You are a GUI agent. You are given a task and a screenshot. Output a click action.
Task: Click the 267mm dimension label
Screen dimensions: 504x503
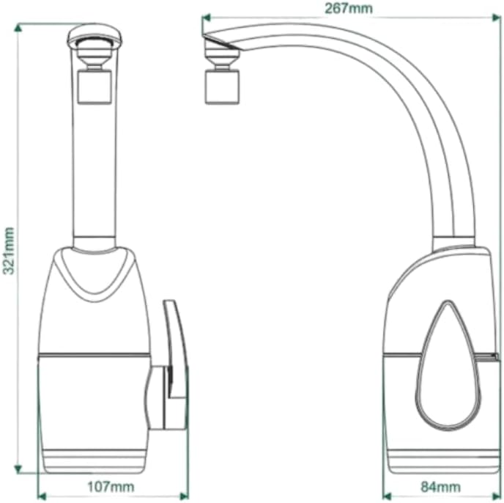349,8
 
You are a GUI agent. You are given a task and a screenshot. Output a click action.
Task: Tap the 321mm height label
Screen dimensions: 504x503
8,251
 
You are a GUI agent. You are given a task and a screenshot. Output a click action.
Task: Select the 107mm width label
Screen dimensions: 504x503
111,487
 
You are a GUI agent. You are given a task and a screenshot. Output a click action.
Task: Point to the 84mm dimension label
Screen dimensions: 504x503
441,487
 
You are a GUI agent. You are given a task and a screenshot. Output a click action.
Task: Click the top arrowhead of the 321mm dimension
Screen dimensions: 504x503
18,28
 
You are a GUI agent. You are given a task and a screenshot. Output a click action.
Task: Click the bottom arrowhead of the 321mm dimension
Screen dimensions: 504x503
18,469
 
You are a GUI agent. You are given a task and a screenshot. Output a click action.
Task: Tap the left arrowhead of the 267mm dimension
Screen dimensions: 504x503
206,18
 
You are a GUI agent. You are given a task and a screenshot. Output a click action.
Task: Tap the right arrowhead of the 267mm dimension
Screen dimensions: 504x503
496,18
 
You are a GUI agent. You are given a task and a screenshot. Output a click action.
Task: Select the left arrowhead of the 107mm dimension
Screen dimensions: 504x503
42,496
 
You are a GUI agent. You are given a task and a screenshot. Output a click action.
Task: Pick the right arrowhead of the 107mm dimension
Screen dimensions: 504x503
184,496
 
